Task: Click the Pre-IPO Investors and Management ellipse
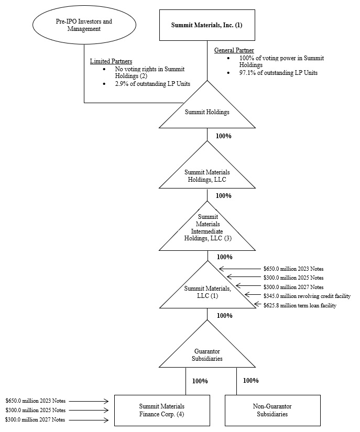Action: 84,25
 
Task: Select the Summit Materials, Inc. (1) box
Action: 207,25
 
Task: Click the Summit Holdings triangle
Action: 208,112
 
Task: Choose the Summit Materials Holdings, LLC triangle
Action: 208,174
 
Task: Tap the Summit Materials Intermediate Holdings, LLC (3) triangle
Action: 208,231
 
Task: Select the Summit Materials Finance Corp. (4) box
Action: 161,410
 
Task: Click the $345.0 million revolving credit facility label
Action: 307,296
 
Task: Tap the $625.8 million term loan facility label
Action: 300,305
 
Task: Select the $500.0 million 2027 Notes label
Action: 293,286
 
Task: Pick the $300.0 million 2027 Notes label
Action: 36,419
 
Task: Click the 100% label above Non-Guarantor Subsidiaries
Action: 250,381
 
